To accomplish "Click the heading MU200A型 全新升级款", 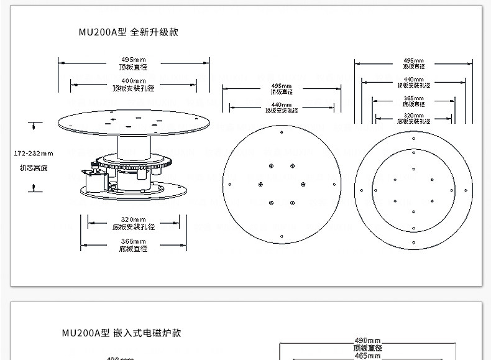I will pyautogui.click(x=128, y=32).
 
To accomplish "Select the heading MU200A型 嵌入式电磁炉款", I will pyautogui.click(x=121, y=333).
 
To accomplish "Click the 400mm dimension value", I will pyautogui.click(x=134, y=81).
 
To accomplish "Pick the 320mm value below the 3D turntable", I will pyautogui.click(x=134, y=219).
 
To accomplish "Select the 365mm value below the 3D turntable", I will pyautogui.click(x=134, y=241).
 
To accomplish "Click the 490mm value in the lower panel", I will pyautogui.click(x=367, y=341).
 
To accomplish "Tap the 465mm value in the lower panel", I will pyautogui.click(x=367, y=356).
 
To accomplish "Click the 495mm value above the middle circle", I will pyautogui.click(x=282, y=86).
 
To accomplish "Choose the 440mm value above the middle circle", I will pyautogui.click(x=282, y=104).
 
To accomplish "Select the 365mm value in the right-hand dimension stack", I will pyautogui.click(x=413, y=98).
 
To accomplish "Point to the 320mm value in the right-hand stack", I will pyautogui.click(x=413, y=116).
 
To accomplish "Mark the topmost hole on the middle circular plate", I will pyautogui.click(x=282, y=132).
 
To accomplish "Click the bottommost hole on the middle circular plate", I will pyautogui.click(x=282, y=236).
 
